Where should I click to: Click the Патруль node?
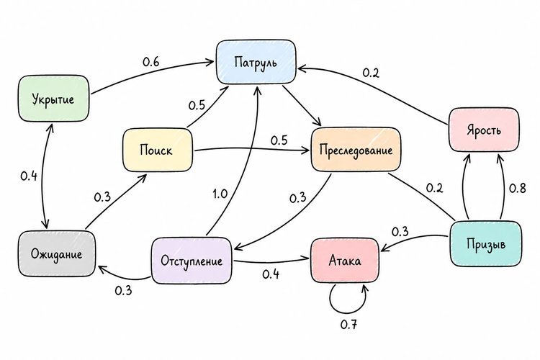point(256,62)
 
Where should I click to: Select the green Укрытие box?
point(53,99)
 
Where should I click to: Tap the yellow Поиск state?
point(158,150)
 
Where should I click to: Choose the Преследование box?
point(356,150)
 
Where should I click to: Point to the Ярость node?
point(484,130)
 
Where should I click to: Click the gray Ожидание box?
point(56,254)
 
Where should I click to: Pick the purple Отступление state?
point(192,261)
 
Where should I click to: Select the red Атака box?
point(345,261)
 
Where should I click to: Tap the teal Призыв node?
point(485,243)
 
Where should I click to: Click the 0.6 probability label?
point(151,62)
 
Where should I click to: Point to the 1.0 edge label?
point(220,194)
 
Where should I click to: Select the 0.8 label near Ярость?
point(517,188)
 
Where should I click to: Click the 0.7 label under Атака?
point(348,324)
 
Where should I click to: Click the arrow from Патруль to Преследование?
point(302,106)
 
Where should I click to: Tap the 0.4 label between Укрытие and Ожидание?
point(29,176)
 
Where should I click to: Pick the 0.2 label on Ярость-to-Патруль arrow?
point(371,73)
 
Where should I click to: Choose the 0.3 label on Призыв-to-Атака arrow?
point(400,232)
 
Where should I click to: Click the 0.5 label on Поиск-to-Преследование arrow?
point(279,140)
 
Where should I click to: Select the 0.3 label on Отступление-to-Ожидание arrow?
point(123,290)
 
